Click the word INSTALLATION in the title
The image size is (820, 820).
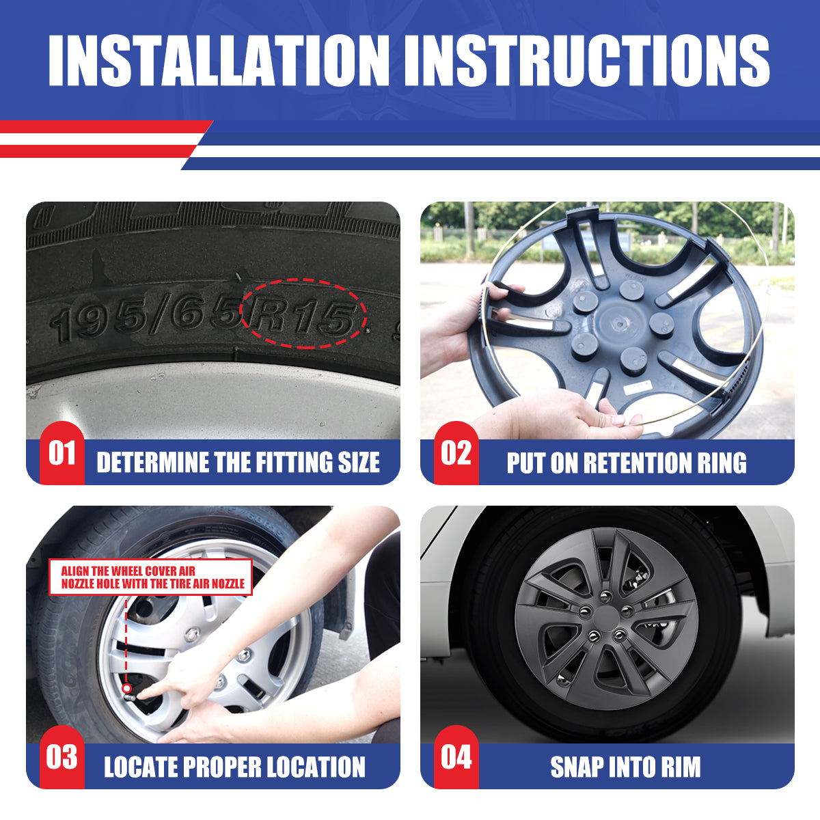click(219, 60)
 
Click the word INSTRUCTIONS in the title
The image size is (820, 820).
click(587, 60)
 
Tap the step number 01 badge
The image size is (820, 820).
click(62, 453)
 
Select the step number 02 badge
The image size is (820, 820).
click(456, 453)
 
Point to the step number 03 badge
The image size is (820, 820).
click(62, 757)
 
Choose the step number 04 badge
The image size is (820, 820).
click(456, 757)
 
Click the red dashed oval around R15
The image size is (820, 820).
click(303, 279)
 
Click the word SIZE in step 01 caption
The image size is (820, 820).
click(359, 462)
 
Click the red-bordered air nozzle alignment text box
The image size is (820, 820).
click(150, 577)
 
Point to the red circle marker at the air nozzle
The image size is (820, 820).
click(126, 688)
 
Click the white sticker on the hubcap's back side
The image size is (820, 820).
click(638, 387)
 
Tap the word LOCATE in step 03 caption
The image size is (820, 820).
click(140, 767)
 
